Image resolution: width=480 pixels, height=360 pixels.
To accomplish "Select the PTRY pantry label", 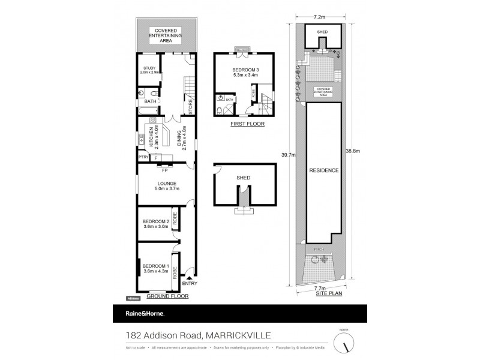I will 143,157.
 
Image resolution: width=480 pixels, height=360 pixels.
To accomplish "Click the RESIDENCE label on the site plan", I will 324,170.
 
